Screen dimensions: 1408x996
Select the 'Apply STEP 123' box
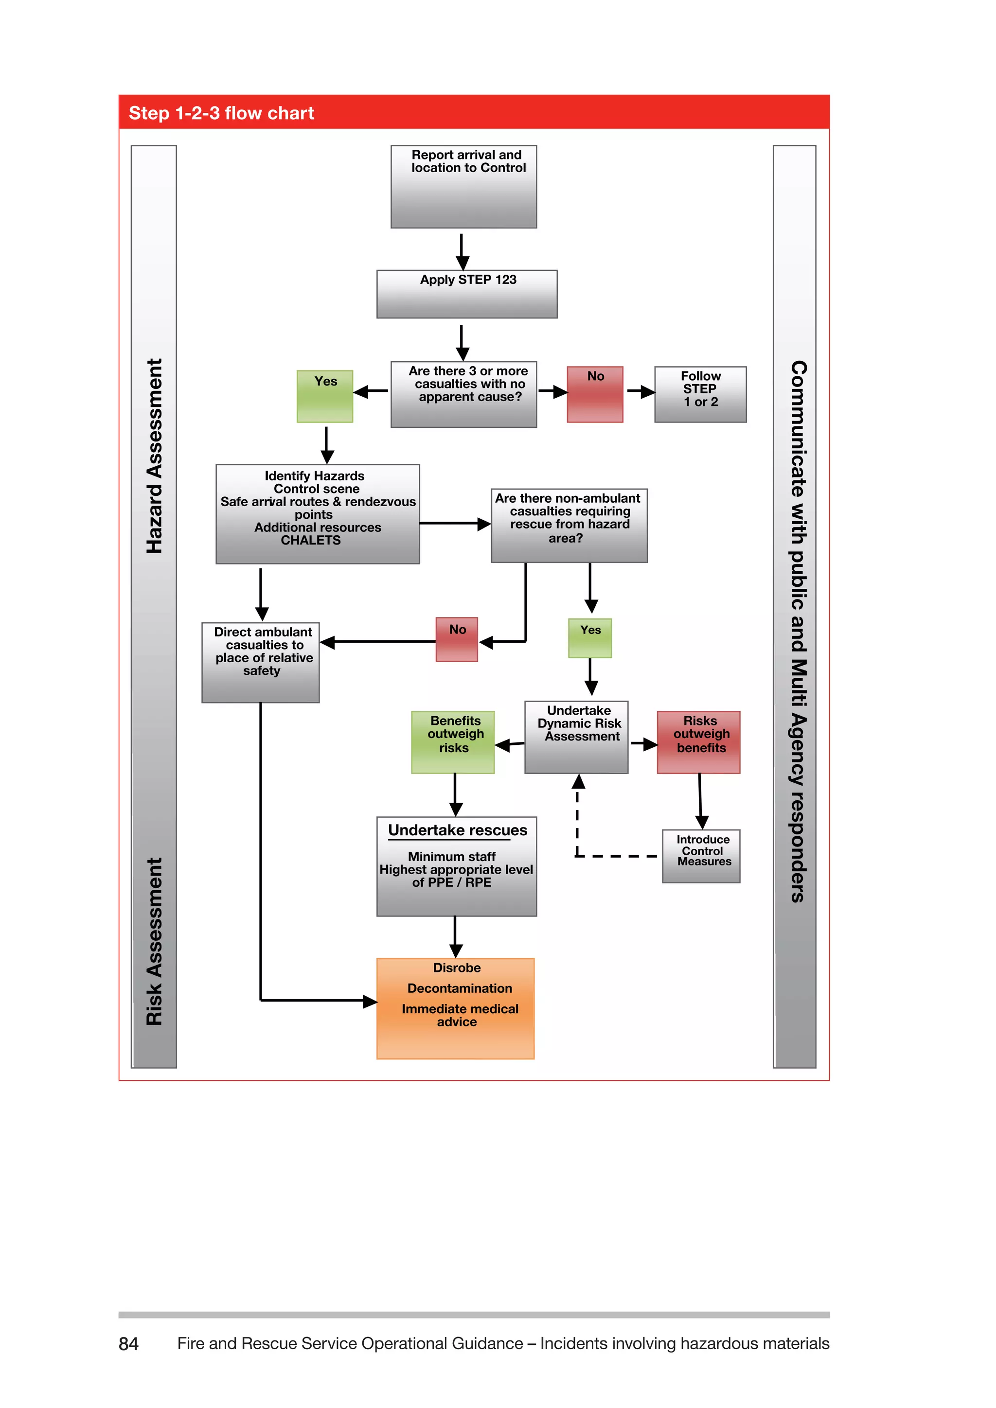(467, 294)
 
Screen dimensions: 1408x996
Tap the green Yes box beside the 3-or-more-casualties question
(324, 396)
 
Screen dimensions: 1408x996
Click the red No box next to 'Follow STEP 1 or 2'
(594, 394)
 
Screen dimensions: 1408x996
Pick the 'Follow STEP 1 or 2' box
(700, 394)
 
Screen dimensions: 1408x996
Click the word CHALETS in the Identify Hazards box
(310, 540)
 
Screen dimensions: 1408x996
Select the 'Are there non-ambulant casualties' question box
(569, 525)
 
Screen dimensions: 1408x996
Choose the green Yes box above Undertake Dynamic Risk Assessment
(589, 638)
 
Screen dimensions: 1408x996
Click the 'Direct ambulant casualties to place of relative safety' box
(261, 662)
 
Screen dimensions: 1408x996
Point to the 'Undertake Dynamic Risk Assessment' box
(576, 737)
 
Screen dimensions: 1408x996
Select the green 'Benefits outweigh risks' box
(453, 742)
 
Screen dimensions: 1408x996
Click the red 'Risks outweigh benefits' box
(698, 742)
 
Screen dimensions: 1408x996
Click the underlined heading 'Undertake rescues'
(458, 830)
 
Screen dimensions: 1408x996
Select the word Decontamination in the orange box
(460, 988)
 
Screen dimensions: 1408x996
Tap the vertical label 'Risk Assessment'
(155, 941)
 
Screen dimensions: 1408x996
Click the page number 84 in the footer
(128, 1344)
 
